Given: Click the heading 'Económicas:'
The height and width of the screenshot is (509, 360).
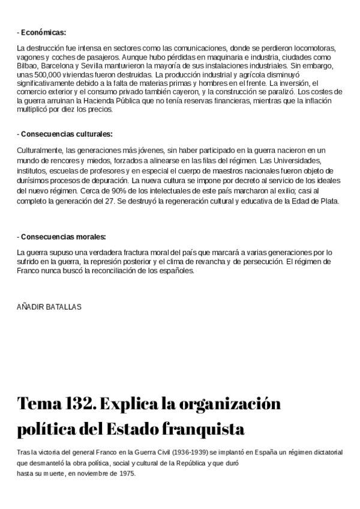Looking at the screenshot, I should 43,32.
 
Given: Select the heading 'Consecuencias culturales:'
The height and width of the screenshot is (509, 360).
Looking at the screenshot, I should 67,134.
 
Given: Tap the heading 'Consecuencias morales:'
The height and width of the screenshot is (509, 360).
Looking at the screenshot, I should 63,236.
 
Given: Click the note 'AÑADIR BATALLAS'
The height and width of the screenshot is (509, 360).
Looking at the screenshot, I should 49,307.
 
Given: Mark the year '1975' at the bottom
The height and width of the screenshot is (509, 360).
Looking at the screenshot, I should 126,474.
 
